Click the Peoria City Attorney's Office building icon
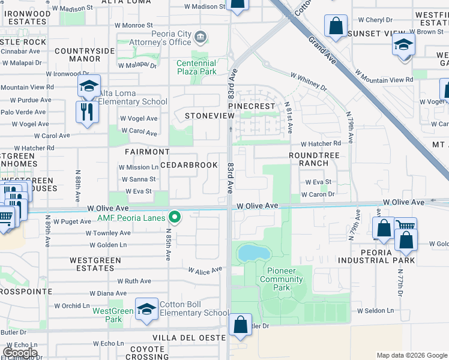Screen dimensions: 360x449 pyautogui.click(x=201, y=38)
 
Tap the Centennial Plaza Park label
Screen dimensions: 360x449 pyautogui.click(x=196, y=67)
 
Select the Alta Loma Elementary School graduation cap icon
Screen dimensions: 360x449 pyautogui.click(x=89, y=86)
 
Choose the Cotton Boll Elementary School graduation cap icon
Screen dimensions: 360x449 pyautogui.click(x=146, y=309)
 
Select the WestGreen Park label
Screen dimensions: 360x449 pyautogui.click(x=113, y=315)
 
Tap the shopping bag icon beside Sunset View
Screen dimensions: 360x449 pyautogui.click(x=336, y=26)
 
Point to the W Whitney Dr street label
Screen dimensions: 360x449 pyautogui.click(x=309, y=82)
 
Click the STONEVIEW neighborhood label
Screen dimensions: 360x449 pyautogui.click(x=208, y=115)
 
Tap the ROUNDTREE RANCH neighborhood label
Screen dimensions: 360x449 pyautogui.click(x=309, y=158)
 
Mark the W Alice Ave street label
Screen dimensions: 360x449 pyautogui.click(x=206, y=271)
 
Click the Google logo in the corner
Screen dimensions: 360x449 pyautogui.click(x=20, y=352)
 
